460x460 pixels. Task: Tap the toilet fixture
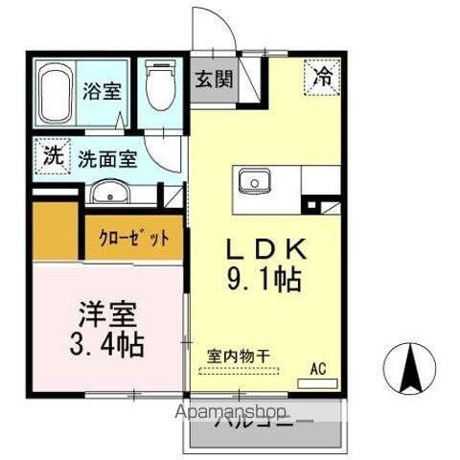pyautogui.click(x=157, y=87)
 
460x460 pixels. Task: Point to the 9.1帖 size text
pyautogui.click(x=266, y=280)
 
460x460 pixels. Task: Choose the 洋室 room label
pyautogui.click(x=107, y=312)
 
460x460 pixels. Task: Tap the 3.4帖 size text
pyautogui.click(x=107, y=343)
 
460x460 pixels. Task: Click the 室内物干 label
pyautogui.click(x=239, y=356)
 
